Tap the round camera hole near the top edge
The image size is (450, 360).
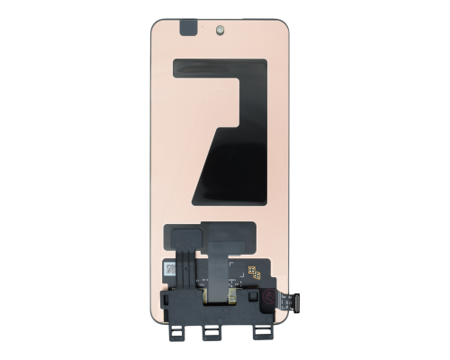coord(221,29)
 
